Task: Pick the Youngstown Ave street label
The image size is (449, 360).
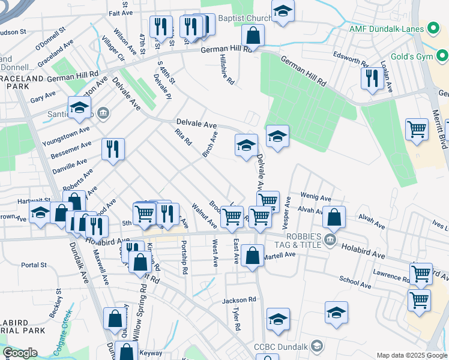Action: [x=66, y=136]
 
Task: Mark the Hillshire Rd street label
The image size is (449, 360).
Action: [x=226, y=70]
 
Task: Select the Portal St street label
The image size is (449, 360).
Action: [x=34, y=265]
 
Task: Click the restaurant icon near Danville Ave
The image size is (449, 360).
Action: [x=112, y=149]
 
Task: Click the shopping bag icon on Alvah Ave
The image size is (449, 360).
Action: [x=334, y=217]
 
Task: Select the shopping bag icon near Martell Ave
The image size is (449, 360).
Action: [x=254, y=255]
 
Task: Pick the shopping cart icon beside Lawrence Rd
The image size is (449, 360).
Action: [x=421, y=273]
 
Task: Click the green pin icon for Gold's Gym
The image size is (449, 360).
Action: [x=444, y=57]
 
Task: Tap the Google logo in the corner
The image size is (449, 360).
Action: [x=19, y=353]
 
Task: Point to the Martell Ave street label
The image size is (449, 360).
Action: [x=280, y=255]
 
